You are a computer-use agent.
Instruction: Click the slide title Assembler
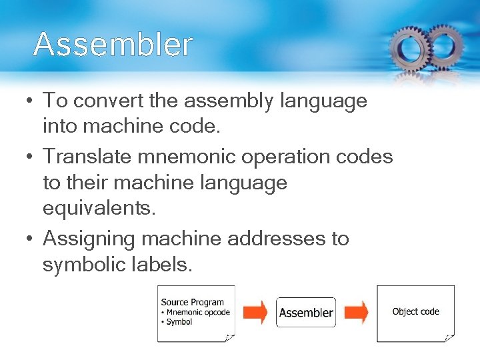pyautogui.click(x=113, y=45)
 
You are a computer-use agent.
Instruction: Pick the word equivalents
pyautogui.click(x=99, y=209)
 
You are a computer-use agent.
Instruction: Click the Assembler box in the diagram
pyautogui.click(x=306, y=312)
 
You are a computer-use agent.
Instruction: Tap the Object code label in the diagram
pyautogui.click(x=415, y=311)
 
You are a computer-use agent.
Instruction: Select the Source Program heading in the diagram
pyautogui.click(x=192, y=303)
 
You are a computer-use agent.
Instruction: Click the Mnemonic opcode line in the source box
pyautogui.click(x=196, y=312)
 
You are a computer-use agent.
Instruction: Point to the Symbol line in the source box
pyautogui.click(x=178, y=321)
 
